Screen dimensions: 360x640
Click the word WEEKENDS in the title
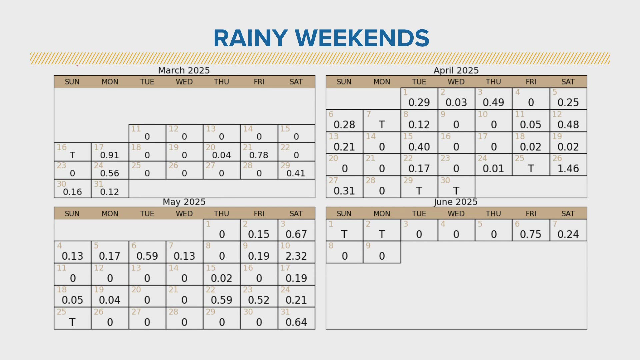pyautogui.click(x=362, y=38)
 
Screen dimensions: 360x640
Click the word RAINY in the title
pyautogui.click(x=251, y=38)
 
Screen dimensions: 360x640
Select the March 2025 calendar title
pyautogui.click(x=184, y=70)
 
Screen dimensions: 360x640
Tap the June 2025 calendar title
pyautogui.click(x=456, y=202)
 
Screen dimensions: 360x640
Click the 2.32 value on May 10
pyautogui.click(x=296, y=256)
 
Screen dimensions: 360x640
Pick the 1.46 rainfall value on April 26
pyautogui.click(x=568, y=169)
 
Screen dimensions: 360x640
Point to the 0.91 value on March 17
pyautogui.click(x=109, y=155)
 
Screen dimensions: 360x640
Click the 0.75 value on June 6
pyautogui.click(x=530, y=234)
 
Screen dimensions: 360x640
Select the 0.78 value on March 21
pyautogui.click(x=259, y=155)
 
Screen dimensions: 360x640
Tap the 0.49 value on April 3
pyautogui.click(x=493, y=103)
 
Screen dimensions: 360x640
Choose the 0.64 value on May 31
pyautogui.click(x=296, y=322)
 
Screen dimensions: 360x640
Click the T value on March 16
pyautogui.click(x=72, y=155)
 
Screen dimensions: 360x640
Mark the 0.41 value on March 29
pyautogui.click(x=296, y=173)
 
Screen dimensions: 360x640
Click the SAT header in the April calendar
pyautogui.click(x=568, y=82)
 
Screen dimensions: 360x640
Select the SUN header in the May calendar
pyautogui.click(x=72, y=214)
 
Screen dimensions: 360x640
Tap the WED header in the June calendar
pyautogui.click(x=456, y=214)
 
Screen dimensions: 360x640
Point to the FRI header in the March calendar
pyautogui.click(x=259, y=82)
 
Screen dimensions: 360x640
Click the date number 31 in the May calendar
pyautogui.click(x=285, y=312)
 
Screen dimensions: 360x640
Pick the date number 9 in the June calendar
pyautogui.click(x=368, y=246)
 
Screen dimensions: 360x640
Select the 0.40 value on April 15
pyautogui.click(x=419, y=147)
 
